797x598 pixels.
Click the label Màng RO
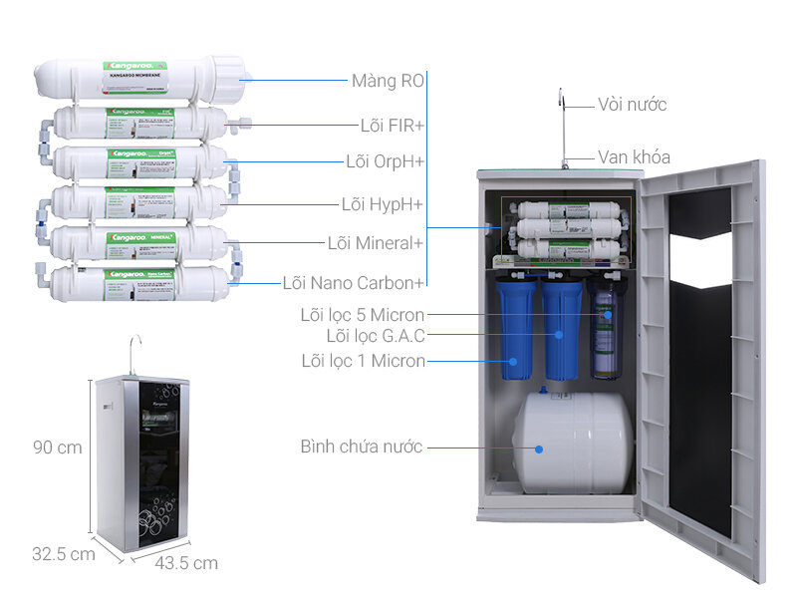(x=387, y=81)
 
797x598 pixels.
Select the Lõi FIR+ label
(x=392, y=126)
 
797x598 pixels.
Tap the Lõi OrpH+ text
(x=385, y=161)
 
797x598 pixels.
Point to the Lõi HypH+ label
(x=383, y=204)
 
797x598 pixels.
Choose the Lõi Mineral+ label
(x=376, y=243)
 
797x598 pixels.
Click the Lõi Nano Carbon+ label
(x=353, y=283)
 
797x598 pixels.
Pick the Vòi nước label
(x=632, y=105)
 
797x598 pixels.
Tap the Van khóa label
(x=634, y=157)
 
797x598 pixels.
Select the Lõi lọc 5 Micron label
(x=363, y=315)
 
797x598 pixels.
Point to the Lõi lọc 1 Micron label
(x=363, y=360)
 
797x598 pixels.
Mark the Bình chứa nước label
(x=362, y=448)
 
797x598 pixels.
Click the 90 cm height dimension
(x=57, y=448)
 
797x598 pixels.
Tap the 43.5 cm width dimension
(x=186, y=563)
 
